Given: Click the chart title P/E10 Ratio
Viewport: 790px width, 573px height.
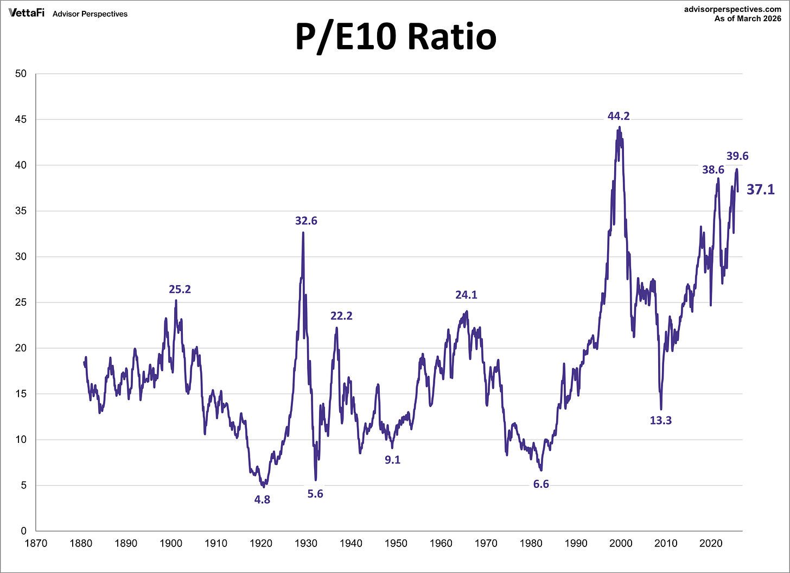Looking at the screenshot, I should coord(396,37).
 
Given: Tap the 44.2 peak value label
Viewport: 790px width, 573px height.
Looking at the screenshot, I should coord(619,116).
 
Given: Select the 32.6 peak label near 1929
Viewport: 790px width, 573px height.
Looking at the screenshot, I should coord(306,221).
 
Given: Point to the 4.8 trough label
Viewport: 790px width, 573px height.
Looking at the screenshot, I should coord(262,500).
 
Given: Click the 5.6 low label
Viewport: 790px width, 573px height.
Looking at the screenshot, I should coord(315,494).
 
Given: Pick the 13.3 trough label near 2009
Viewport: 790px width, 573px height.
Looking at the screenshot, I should coord(661,420).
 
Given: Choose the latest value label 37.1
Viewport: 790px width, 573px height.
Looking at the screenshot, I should coord(761,189).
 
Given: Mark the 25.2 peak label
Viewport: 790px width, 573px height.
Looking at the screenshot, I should coord(180,289).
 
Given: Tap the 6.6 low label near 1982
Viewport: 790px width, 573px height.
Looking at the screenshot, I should coord(541,484).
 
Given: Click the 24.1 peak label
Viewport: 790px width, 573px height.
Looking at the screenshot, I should coord(466,295).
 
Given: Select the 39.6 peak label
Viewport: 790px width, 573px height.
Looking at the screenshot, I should coord(737,156).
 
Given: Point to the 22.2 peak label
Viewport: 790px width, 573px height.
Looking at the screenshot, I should coord(341,316).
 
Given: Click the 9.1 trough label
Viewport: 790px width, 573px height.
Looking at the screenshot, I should coord(392,460).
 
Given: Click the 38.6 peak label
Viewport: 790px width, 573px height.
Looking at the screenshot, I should coord(713,170).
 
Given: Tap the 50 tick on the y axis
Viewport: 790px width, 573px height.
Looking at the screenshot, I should coord(21,74).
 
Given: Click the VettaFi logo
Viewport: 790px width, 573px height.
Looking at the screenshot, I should coord(26,12).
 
